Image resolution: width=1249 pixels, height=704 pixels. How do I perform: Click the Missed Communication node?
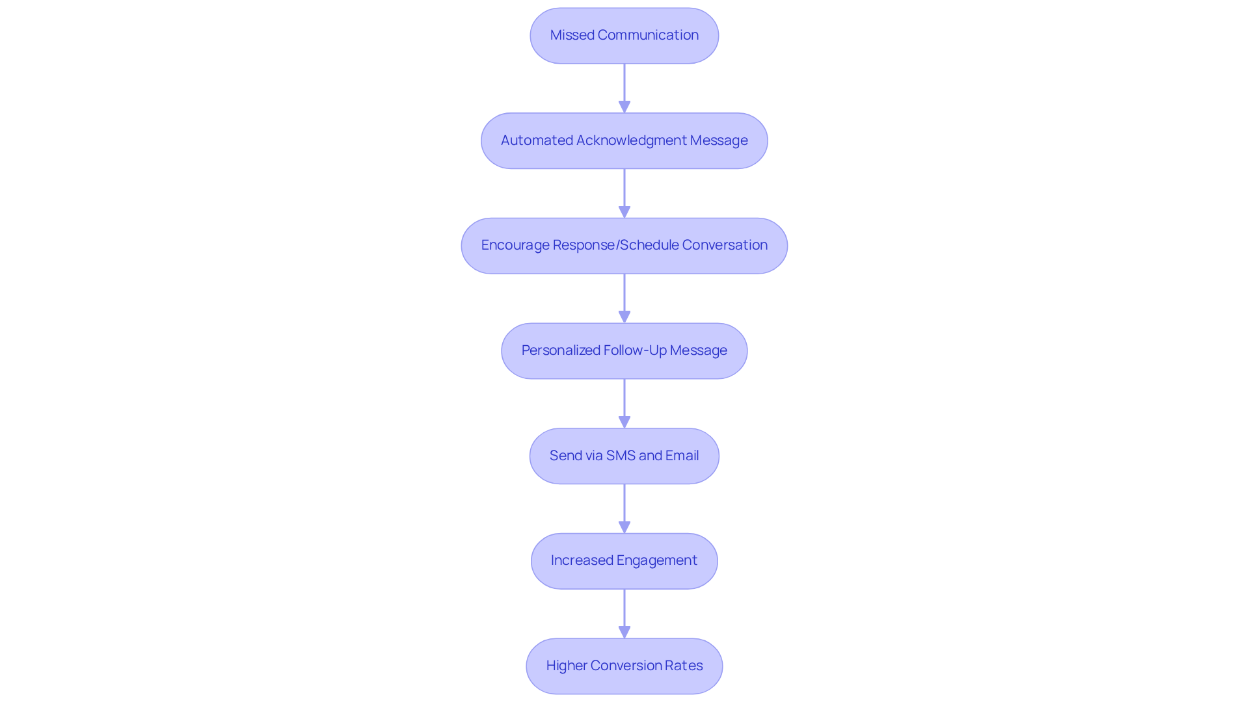click(x=624, y=36)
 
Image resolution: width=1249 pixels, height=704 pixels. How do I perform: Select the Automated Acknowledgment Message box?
click(x=624, y=141)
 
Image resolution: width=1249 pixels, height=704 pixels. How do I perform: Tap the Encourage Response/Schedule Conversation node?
click(x=624, y=246)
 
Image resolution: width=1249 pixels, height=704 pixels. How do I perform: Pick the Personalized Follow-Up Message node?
click(x=624, y=351)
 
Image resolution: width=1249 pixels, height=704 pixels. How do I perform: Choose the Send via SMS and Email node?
click(x=624, y=456)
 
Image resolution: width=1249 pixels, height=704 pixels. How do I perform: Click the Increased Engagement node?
click(x=624, y=561)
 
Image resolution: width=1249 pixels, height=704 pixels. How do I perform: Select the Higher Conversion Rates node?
click(x=624, y=666)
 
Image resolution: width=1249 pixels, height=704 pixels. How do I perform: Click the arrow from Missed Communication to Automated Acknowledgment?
click(x=624, y=88)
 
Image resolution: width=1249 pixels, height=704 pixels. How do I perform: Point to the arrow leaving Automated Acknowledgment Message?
click(x=624, y=193)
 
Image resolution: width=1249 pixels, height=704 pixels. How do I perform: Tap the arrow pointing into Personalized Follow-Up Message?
click(x=624, y=298)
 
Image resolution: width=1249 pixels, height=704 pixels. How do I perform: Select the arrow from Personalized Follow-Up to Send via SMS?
click(x=624, y=403)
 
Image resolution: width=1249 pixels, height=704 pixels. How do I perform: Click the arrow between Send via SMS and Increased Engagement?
click(x=624, y=508)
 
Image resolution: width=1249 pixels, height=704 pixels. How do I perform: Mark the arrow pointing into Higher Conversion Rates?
click(x=624, y=614)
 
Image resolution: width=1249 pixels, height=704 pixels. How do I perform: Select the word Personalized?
click(x=561, y=350)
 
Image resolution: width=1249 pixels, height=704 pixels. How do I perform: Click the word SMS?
click(x=621, y=456)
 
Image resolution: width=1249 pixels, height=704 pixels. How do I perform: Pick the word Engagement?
click(x=656, y=560)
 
